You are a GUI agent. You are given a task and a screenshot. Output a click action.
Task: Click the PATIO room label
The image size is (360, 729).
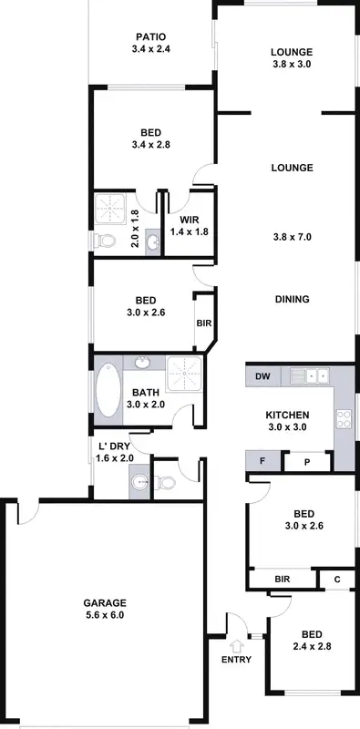(151, 37)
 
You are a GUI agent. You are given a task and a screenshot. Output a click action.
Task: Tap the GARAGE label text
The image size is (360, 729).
(105, 603)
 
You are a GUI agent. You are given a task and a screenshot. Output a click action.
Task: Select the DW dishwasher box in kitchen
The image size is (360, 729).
(262, 376)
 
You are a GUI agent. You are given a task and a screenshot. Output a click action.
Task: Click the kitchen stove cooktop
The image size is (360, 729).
(345, 419)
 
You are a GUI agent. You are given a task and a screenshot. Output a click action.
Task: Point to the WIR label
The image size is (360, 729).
(189, 220)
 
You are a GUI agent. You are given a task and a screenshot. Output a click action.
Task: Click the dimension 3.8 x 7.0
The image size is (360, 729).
(292, 237)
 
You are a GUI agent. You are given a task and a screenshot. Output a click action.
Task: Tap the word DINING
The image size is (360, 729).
(292, 299)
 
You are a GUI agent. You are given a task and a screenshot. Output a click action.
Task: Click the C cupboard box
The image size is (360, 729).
(336, 578)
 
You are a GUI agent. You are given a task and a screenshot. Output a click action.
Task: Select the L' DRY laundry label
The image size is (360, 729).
(115, 447)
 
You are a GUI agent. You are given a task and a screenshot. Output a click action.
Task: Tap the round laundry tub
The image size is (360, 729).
(139, 482)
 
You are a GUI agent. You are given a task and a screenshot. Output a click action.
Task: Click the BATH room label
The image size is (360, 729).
(145, 393)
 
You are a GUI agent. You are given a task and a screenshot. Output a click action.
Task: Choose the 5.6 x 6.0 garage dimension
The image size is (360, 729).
(105, 616)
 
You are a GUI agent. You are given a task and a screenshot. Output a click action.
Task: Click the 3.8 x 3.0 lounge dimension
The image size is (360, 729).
(292, 65)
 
